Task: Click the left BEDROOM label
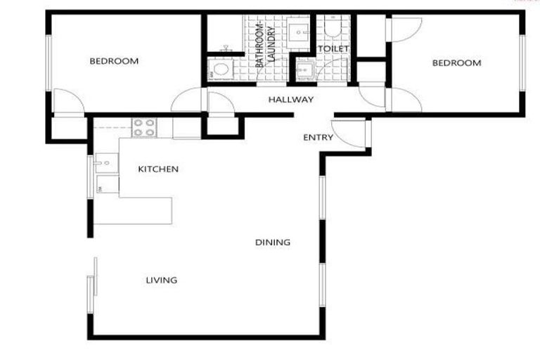pyautogui.click(x=114, y=62)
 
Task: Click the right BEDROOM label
pyautogui.click(x=456, y=63)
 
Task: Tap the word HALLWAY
pyautogui.click(x=290, y=100)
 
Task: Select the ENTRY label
pyautogui.click(x=318, y=138)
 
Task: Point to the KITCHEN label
pyautogui.click(x=157, y=169)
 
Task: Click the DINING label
pyautogui.click(x=273, y=243)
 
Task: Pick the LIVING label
pyautogui.click(x=161, y=281)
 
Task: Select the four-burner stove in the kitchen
pyautogui.click(x=145, y=127)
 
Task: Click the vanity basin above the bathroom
pyautogui.click(x=299, y=32)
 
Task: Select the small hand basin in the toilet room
pyautogui.click(x=304, y=71)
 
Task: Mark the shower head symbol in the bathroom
pyautogui.click(x=226, y=49)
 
